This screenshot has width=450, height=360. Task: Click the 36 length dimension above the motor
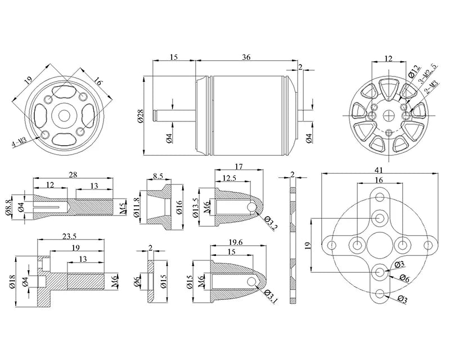(246, 56)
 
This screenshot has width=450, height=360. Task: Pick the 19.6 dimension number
(236, 243)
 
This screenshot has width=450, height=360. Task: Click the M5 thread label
(123, 209)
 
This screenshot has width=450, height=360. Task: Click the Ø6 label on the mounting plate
(404, 277)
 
